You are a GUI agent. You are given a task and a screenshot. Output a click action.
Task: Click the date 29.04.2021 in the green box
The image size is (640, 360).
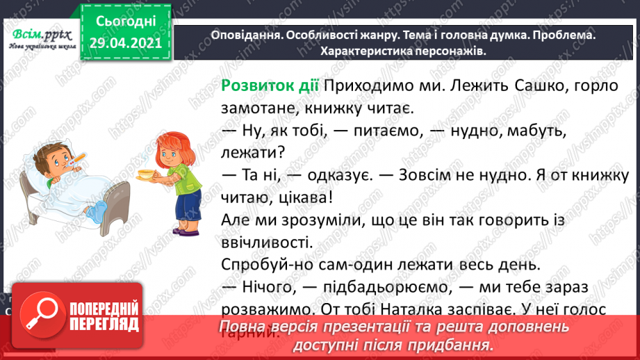(x=125, y=44)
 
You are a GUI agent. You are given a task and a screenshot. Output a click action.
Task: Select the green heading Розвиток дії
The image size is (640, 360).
(x=269, y=85)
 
